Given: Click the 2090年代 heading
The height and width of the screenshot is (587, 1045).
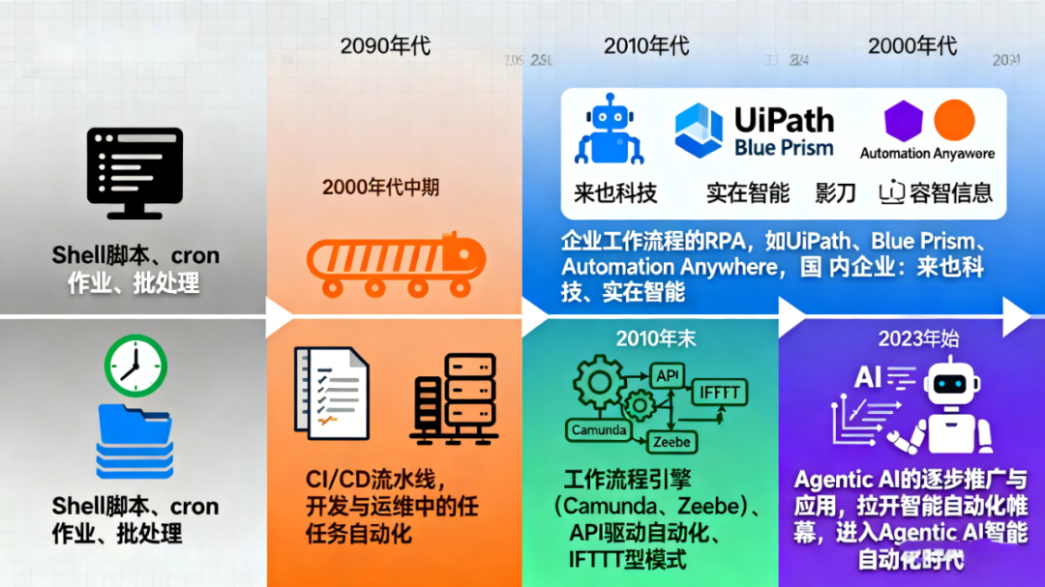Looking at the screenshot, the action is (x=385, y=45).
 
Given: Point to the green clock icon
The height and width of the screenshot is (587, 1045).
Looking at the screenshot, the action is (x=136, y=366).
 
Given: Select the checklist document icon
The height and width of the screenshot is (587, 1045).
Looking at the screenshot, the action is (x=331, y=394).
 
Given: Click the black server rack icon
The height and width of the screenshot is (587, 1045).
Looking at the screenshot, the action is (x=454, y=397).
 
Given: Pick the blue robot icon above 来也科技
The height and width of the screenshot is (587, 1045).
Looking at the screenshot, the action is (x=609, y=132).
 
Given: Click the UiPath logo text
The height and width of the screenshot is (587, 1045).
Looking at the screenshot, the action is (x=783, y=120).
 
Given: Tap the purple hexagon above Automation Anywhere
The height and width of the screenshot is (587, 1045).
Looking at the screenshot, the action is (x=903, y=120).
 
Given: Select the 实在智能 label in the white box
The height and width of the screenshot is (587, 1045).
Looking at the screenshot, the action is (x=747, y=192).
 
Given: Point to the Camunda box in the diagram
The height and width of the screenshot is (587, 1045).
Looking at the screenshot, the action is (x=599, y=429).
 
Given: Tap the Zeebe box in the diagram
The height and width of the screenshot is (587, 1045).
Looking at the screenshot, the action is (x=672, y=442).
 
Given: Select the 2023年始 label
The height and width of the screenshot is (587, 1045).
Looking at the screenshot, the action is (x=911, y=338).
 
